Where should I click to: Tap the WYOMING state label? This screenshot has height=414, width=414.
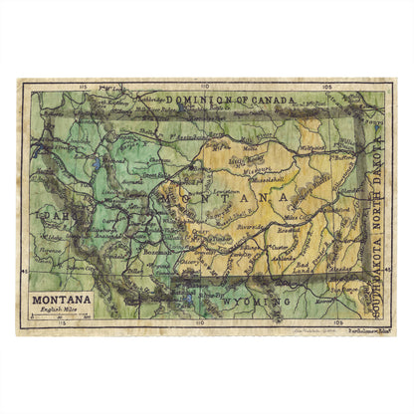pyautogui.click(x=253, y=300)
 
